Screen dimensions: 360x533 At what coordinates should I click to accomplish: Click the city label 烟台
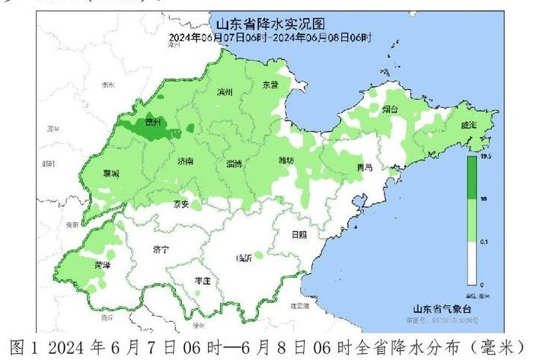389,110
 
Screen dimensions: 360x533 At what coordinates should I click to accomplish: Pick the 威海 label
468,125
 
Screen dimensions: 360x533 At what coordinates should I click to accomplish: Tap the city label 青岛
365,167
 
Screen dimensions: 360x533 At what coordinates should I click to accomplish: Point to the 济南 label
184,162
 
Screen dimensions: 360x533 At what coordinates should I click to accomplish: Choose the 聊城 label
111,174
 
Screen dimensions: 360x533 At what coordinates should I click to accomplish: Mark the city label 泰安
180,204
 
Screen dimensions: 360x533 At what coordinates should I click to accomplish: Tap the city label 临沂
244,258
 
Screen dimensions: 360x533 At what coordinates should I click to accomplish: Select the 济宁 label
161,249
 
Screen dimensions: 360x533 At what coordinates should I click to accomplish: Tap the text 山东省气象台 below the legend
443,308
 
